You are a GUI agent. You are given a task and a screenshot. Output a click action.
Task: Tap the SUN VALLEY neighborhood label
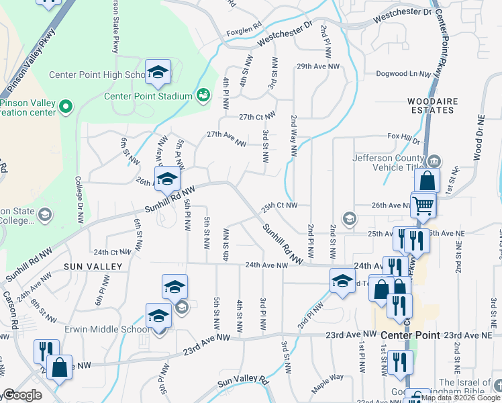[93, 267]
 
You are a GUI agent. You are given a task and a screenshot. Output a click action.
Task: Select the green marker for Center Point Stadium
[203, 96]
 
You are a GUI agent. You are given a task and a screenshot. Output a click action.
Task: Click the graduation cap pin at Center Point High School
[158, 72]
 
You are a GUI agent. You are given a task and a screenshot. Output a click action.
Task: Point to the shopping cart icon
[423, 205]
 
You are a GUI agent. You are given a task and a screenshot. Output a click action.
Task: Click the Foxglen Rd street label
[244, 30]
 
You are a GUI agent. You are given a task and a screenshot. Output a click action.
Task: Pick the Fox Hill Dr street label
[403, 139]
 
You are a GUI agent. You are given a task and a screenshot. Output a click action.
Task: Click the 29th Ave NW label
[319, 66]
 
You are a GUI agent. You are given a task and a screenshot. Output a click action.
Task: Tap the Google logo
[22, 396]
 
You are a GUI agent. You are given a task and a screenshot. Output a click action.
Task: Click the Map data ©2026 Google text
[459, 398]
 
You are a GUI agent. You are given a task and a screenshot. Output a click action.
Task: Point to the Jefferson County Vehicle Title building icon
[434, 160]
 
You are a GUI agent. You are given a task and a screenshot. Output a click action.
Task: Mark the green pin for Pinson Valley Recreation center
[65, 106]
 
